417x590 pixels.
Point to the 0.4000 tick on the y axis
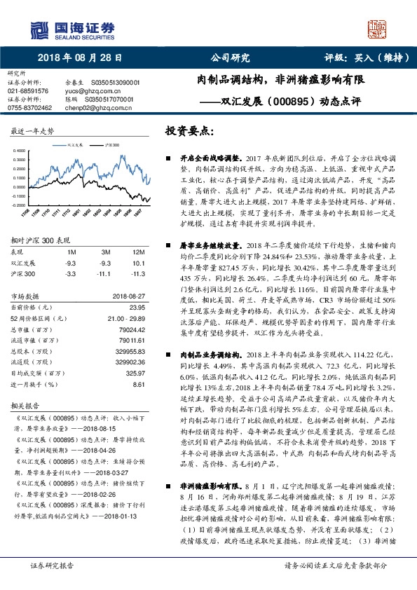tap(19, 149)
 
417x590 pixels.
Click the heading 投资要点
tap(189, 130)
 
